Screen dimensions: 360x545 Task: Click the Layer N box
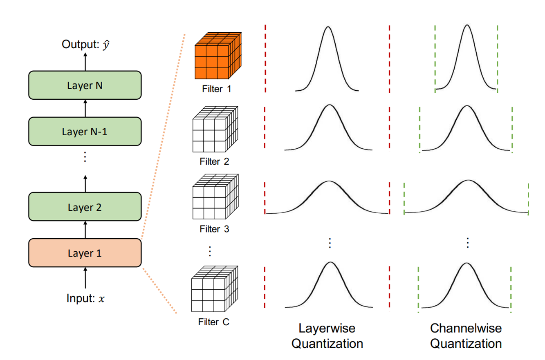pos(85,85)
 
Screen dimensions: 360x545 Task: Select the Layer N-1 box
pos(85,132)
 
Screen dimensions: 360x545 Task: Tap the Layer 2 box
pos(85,208)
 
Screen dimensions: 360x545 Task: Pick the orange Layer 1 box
pos(85,253)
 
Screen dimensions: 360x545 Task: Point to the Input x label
pos(85,298)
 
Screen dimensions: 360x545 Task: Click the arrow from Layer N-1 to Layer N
pos(85,110)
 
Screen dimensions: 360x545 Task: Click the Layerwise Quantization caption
pos(327,335)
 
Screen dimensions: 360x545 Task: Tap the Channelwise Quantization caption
pos(466,335)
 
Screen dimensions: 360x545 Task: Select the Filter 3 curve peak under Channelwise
pos(466,181)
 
